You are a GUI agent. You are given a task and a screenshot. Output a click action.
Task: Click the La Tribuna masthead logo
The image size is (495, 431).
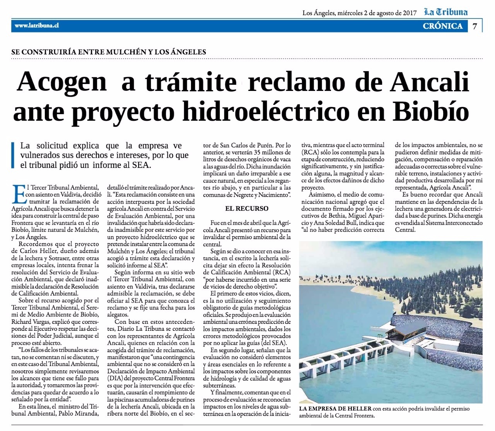click(x=445, y=12)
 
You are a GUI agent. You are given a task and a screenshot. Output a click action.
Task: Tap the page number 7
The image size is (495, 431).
click(x=475, y=26)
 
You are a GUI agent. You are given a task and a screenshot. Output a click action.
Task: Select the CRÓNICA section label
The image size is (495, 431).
click(x=443, y=26)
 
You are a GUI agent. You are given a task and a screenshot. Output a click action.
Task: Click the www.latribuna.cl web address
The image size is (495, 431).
click(x=36, y=26)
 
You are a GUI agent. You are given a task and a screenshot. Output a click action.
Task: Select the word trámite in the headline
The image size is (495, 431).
click(x=190, y=82)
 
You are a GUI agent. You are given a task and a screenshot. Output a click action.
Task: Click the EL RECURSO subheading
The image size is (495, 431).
click(x=247, y=209)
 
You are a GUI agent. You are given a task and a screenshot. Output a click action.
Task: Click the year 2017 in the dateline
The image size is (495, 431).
click(x=408, y=13)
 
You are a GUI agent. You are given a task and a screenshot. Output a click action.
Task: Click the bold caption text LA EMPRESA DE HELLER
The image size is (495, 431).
click(x=335, y=409)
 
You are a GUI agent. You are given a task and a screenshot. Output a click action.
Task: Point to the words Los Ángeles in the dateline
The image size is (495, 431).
click(x=318, y=13)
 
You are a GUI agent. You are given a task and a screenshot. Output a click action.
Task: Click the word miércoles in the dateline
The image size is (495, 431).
click(x=350, y=13)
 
